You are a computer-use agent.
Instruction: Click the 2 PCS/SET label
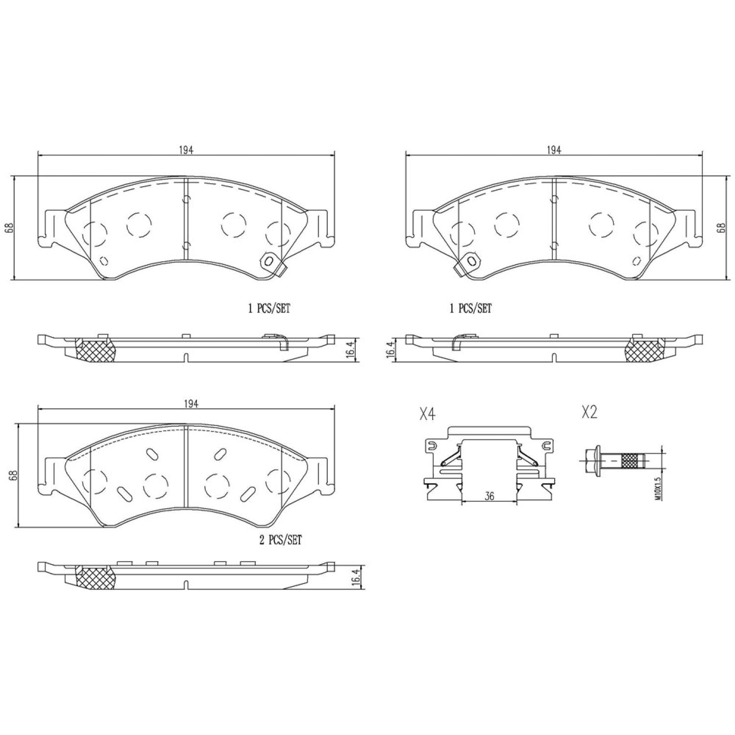[280, 540]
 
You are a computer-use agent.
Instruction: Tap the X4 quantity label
[427, 415]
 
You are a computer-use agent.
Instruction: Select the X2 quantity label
[589, 413]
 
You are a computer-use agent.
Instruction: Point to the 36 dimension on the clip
[489, 496]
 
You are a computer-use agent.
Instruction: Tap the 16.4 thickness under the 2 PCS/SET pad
[356, 576]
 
